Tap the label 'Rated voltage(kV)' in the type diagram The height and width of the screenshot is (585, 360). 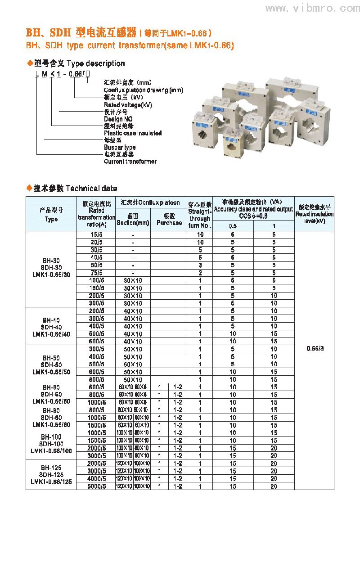click(128, 105)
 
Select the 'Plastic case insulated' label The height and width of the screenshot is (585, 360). click(133, 133)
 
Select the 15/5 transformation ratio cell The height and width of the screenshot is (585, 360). click(97, 234)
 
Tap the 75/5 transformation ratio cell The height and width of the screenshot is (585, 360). click(97, 273)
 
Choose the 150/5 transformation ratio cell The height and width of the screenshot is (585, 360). click(97, 288)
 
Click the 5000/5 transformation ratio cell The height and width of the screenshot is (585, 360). click(97, 486)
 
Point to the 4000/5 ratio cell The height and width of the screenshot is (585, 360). click(97, 478)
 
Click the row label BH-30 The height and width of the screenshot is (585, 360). click(51, 261)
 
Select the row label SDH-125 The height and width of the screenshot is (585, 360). click(51, 475)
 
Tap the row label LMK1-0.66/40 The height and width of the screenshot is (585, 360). click(51, 334)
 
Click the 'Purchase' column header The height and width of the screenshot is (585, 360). click(169, 223)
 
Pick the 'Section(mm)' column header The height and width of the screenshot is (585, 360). click(133, 223)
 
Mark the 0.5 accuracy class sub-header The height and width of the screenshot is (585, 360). click(233, 226)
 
